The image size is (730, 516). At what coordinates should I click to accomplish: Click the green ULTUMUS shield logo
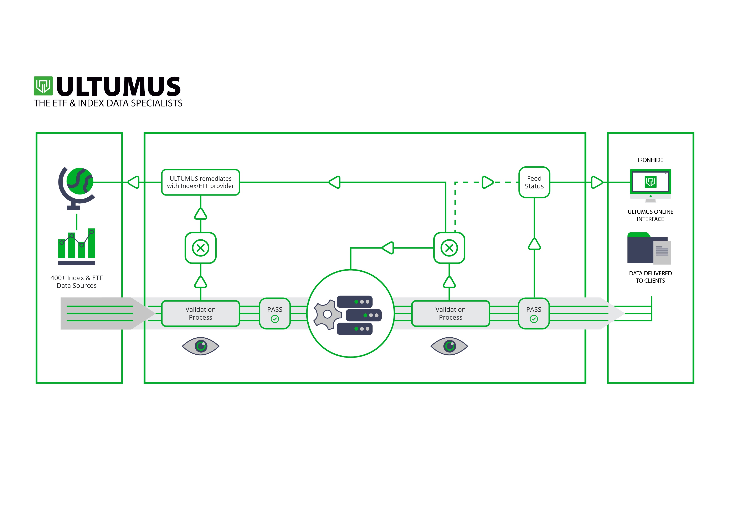(x=43, y=86)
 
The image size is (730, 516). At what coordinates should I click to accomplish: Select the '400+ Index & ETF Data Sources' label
(x=77, y=282)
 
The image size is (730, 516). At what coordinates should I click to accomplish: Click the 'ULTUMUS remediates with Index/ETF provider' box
(x=201, y=182)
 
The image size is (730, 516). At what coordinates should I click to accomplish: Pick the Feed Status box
(x=534, y=182)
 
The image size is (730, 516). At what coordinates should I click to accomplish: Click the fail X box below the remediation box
(x=201, y=248)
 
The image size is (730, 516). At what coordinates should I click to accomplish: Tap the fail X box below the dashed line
(x=449, y=248)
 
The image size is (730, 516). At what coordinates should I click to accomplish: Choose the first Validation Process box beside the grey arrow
(x=201, y=313)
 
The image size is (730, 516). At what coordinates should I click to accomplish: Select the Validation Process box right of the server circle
(x=451, y=313)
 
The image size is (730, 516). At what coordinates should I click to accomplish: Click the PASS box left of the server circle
(x=275, y=313)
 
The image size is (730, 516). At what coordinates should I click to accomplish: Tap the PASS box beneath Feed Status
(x=534, y=313)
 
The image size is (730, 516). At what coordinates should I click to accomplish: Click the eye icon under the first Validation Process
(x=201, y=346)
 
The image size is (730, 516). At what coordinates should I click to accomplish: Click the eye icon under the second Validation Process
(x=449, y=346)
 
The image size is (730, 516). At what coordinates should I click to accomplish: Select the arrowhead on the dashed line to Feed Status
(x=487, y=182)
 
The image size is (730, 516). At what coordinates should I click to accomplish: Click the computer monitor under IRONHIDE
(x=651, y=184)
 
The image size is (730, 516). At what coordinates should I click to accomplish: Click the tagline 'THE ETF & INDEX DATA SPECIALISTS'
(x=108, y=103)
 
